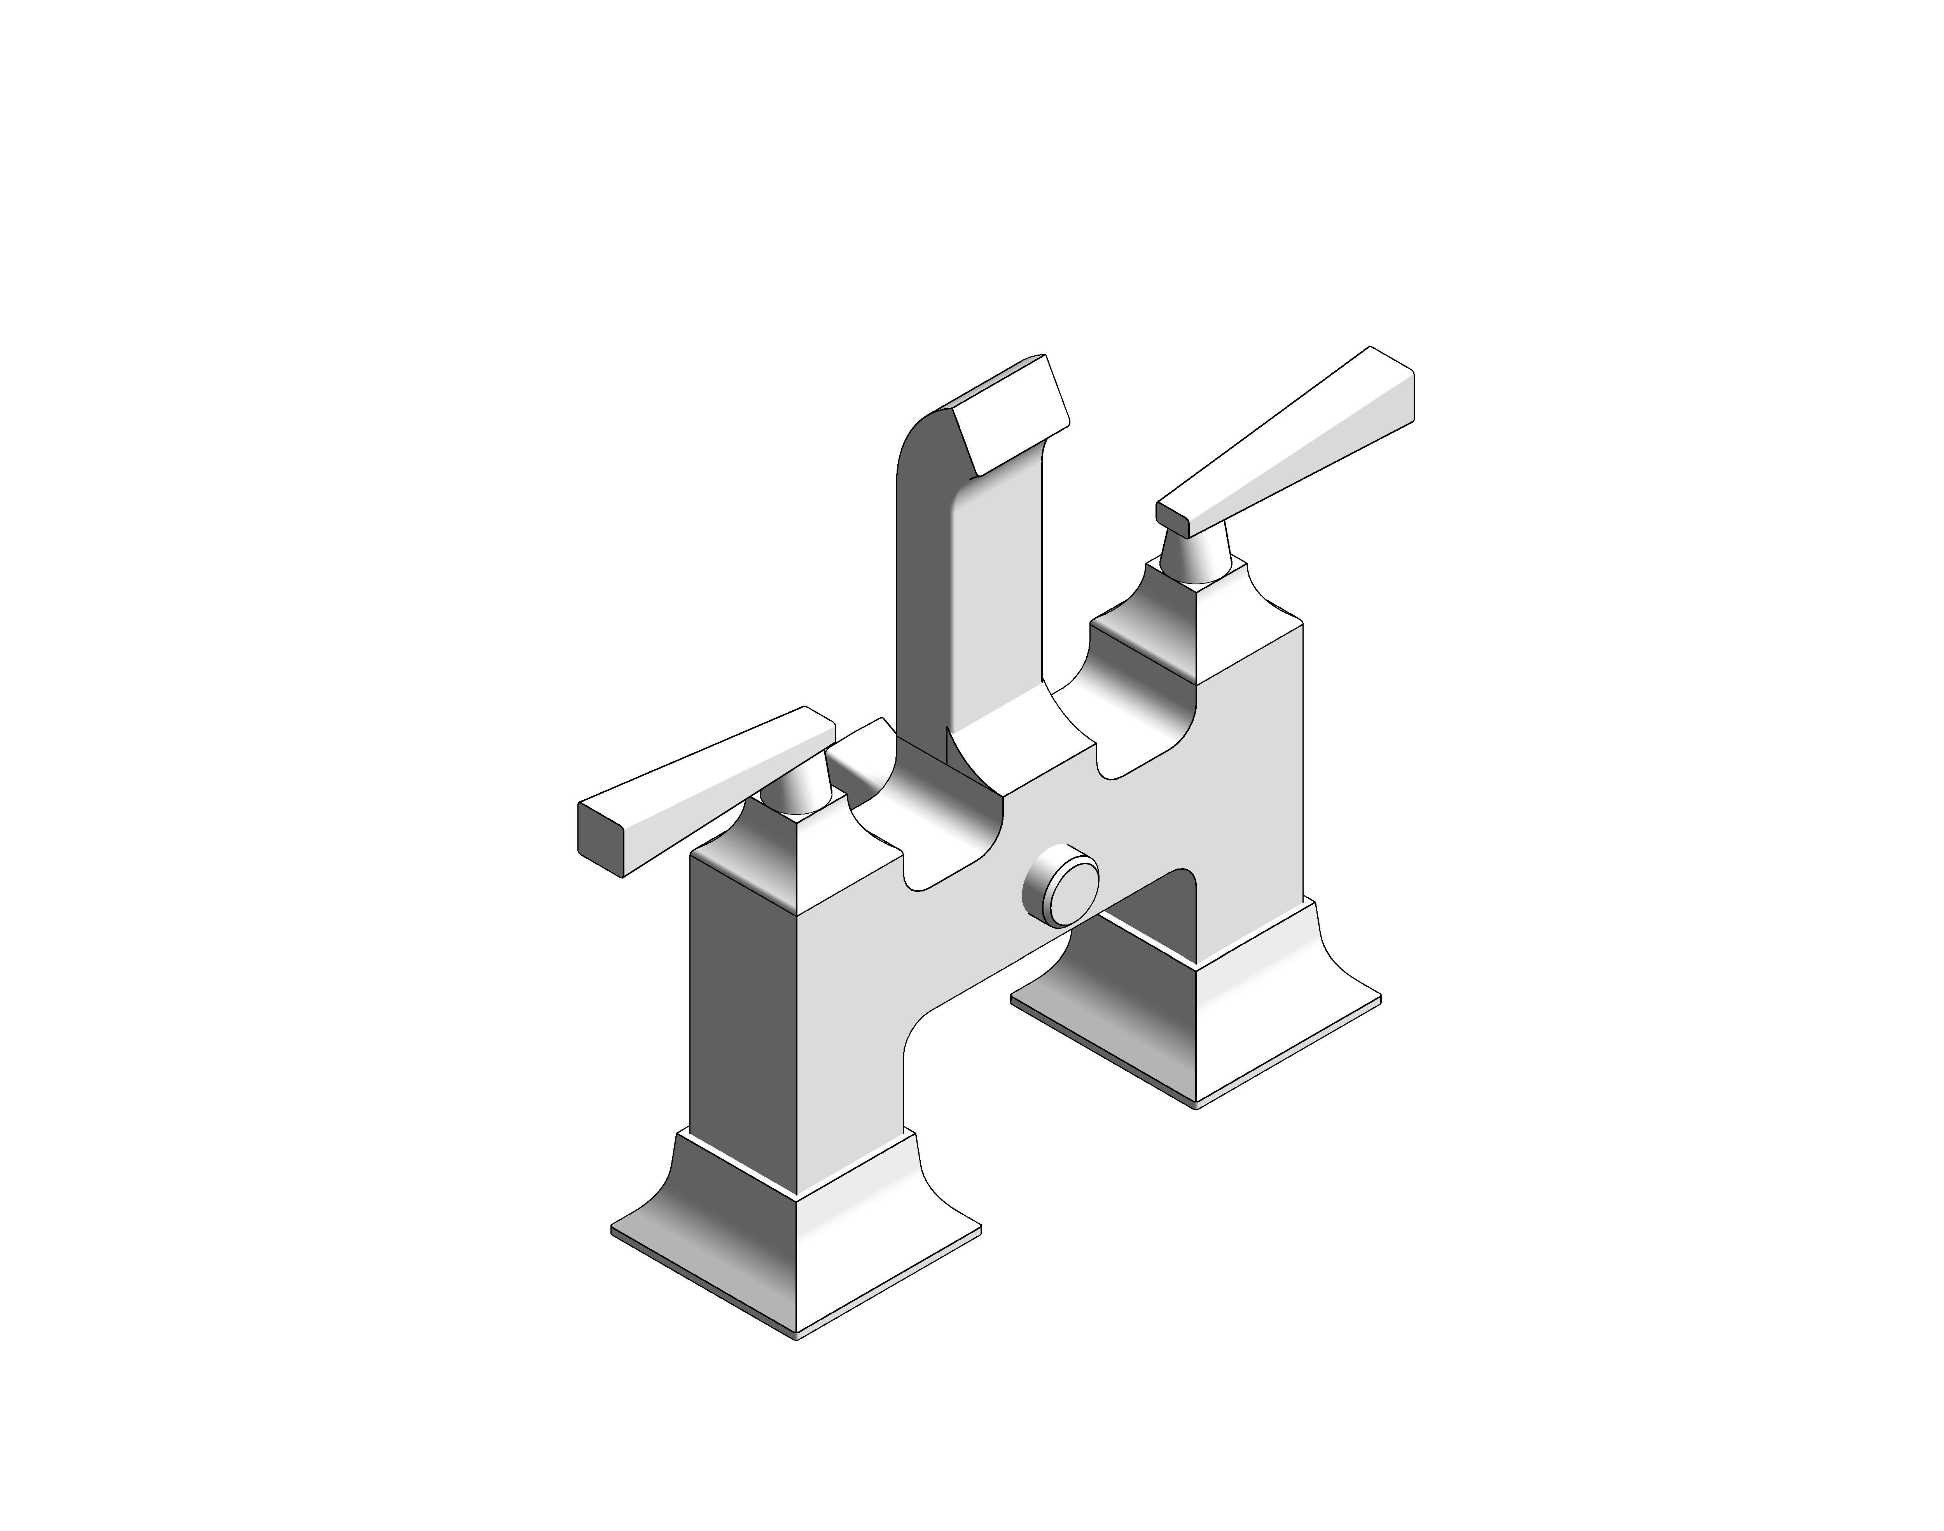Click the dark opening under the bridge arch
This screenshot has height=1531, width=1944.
pyautogui.click(x=1156, y=932)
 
